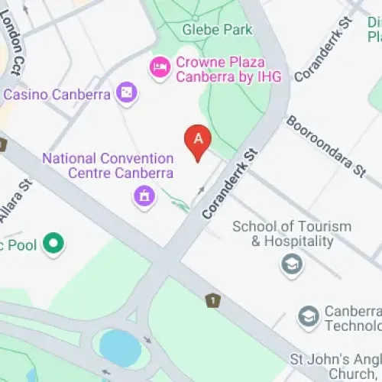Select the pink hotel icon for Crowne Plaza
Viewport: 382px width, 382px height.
pyautogui.click(x=160, y=68)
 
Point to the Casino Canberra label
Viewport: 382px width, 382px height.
pyautogui.click(x=57, y=95)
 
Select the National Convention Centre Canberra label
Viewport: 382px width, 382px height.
pyautogui.click(x=108, y=167)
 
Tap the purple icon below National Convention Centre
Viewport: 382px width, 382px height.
pyautogui.click(x=142, y=197)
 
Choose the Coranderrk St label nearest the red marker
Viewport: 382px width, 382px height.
pyautogui.click(x=228, y=186)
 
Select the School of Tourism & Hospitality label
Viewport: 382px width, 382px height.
pyautogui.click(x=292, y=234)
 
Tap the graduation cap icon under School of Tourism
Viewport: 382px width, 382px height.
pyautogui.click(x=292, y=265)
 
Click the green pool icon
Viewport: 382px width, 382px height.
pyautogui.click(x=53, y=245)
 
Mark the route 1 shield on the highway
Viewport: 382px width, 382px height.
pyautogui.click(x=212, y=300)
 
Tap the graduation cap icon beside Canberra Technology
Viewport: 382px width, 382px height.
pyautogui.click(x=309, y=317)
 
